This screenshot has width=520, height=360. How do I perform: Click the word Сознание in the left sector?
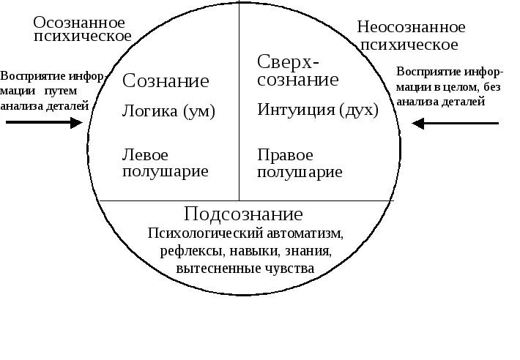[x=166, y=80]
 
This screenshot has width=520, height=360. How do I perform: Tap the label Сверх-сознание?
[x=297, y=70]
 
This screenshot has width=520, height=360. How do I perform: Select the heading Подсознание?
[x=243, y=214]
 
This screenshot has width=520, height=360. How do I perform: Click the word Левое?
[x=145, y=156]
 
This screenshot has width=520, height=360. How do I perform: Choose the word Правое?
[x=286, y=156]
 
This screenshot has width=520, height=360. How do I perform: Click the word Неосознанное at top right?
[x=411, y=28]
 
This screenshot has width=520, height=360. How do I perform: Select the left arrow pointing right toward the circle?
[x=45, y=123]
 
